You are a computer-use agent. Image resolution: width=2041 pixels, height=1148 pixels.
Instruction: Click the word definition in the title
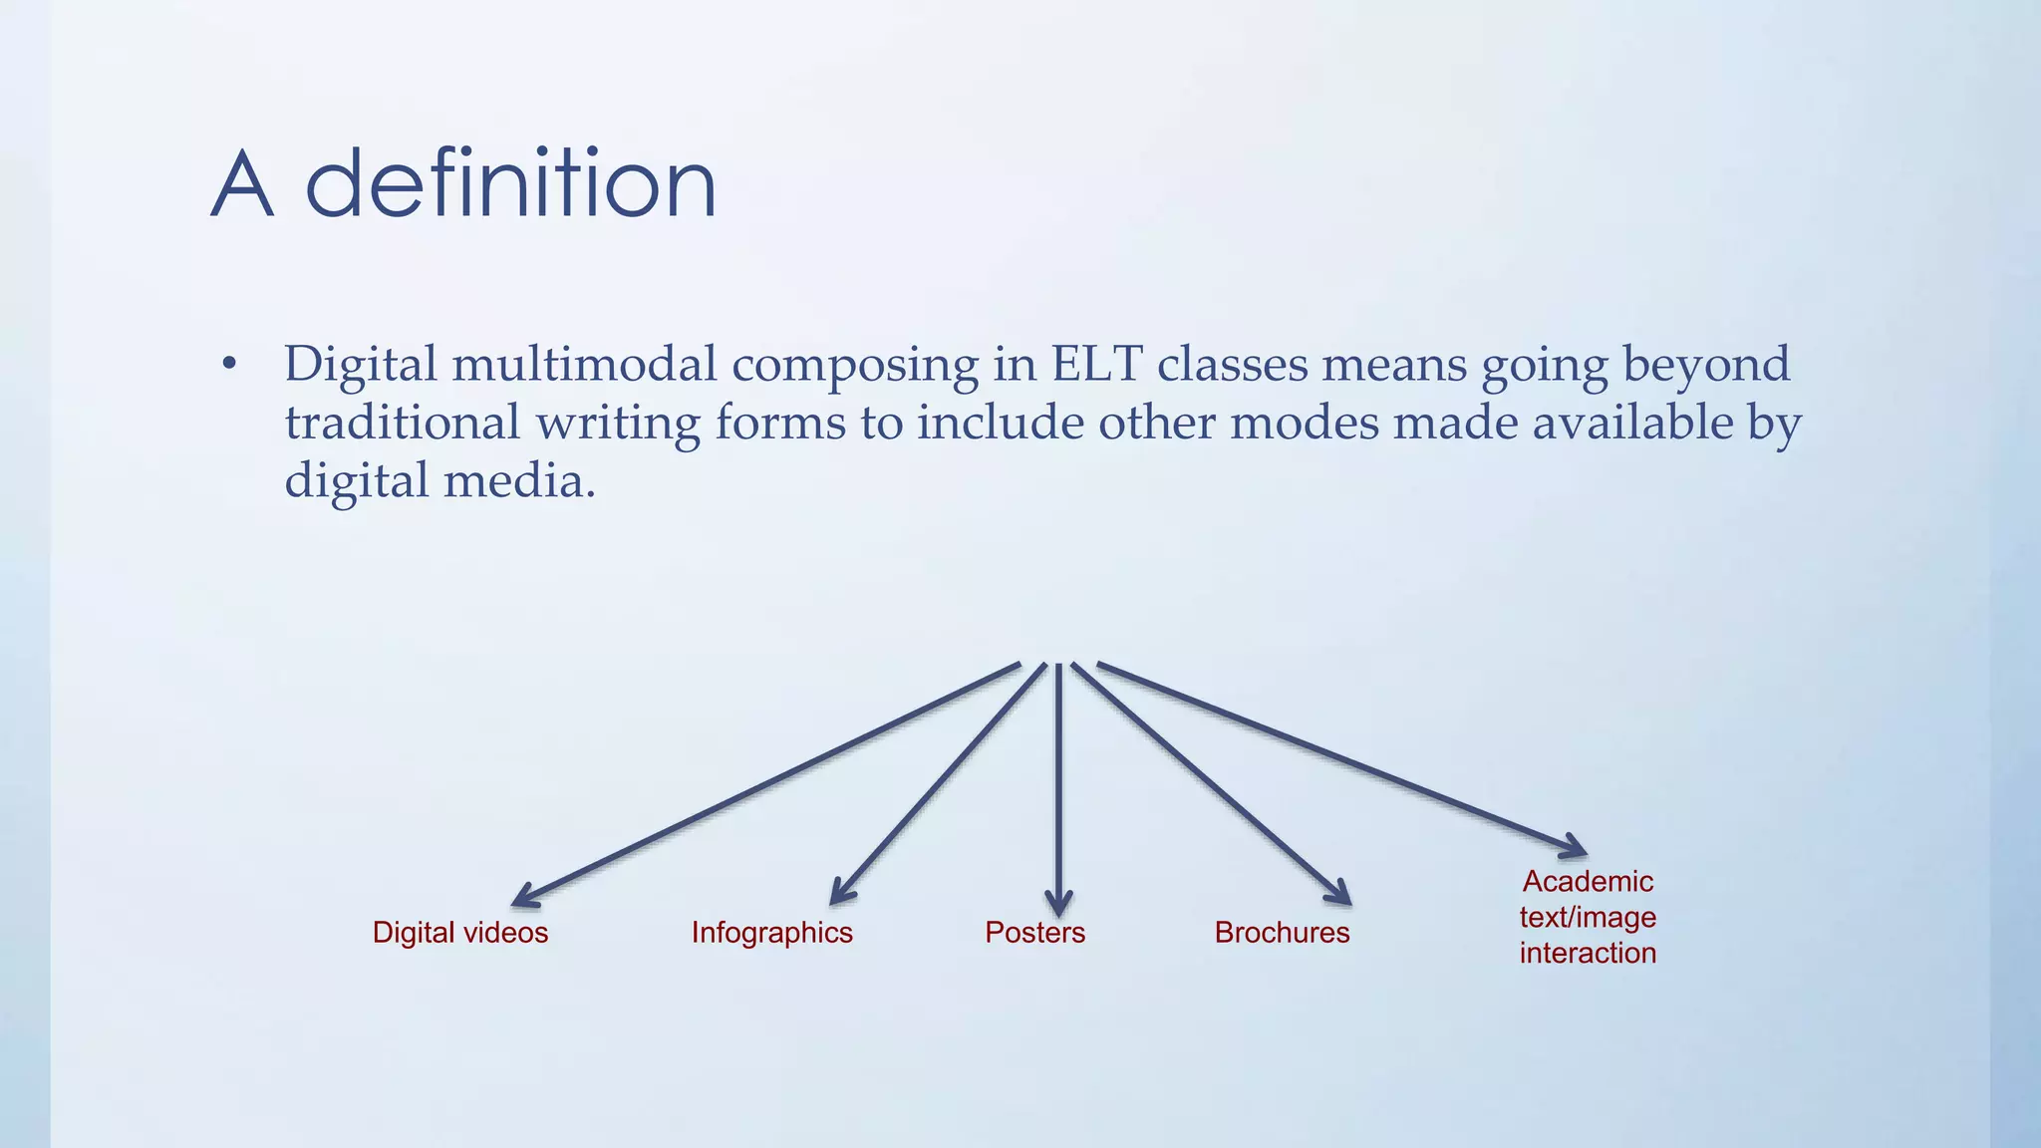[510, 184]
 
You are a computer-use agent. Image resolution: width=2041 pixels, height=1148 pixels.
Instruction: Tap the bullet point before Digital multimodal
[229, 365]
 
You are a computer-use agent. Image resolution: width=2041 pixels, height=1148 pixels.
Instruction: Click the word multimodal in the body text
[584, 364]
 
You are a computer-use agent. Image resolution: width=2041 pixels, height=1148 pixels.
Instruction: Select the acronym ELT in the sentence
[1096, 364]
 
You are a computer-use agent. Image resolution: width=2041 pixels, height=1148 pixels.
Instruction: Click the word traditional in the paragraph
[403, 423]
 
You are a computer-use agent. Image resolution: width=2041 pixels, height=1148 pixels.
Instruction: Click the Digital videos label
[460, 933]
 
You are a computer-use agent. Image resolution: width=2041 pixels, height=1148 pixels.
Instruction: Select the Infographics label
[772, 933]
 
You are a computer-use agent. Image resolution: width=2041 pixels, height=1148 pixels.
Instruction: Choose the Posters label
[1034, 933]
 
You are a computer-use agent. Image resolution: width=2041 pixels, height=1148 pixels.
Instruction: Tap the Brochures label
[1282, 933]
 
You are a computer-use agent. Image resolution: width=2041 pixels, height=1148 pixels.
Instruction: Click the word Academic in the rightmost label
[1588, 882]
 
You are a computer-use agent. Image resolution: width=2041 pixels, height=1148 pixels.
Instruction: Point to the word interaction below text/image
[1588, 954]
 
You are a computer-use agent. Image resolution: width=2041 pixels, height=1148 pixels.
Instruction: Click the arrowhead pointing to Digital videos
[524, 898]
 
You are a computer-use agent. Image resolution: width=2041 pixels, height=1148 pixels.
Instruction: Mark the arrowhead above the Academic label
[1574, 847]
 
